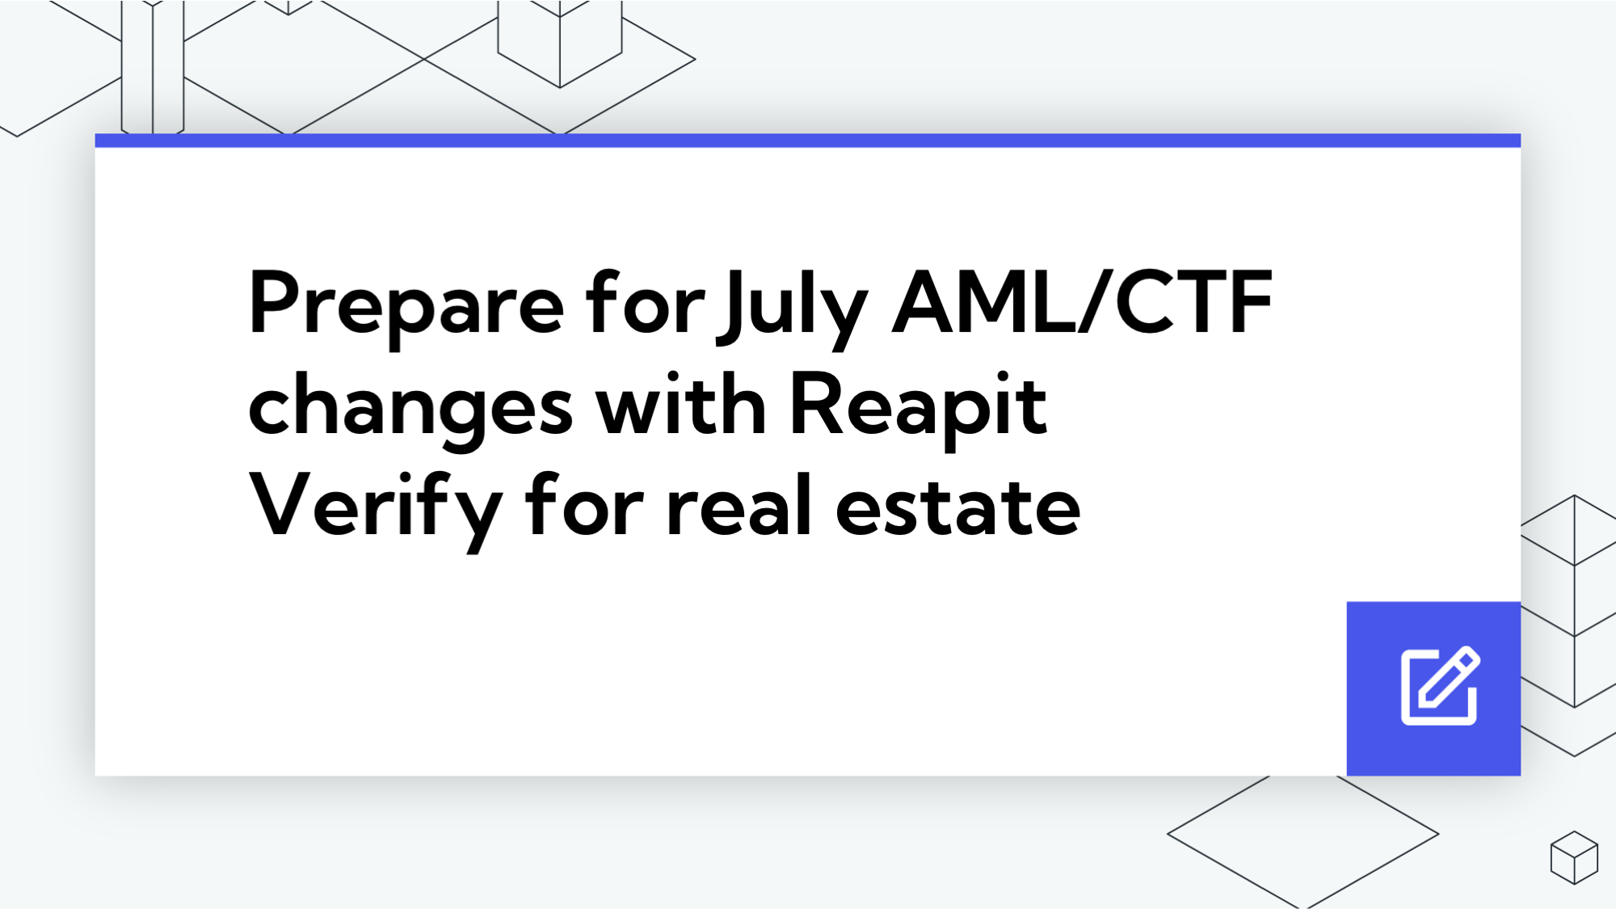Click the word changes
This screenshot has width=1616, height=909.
[410, 406]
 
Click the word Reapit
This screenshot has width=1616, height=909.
[917, 406]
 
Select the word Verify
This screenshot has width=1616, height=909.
[376, 507]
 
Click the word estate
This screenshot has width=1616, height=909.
[957, 507]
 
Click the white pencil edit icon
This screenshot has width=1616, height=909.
[1439, 686]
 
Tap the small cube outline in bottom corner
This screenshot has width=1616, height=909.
[1574, 856]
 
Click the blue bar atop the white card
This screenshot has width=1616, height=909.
[808, 141]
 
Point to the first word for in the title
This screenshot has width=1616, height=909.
[646, 303]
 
